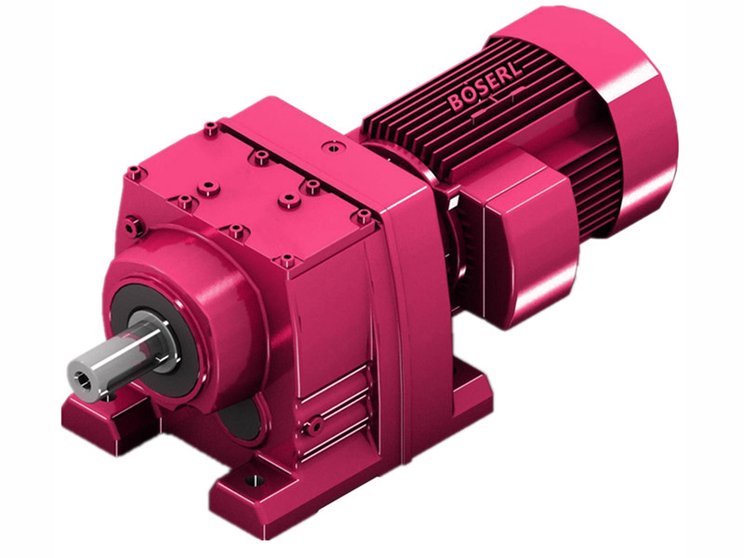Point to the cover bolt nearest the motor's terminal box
tap(362, 215)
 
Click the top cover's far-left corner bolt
tap(136, 171)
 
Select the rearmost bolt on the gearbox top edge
tap(212, 127)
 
